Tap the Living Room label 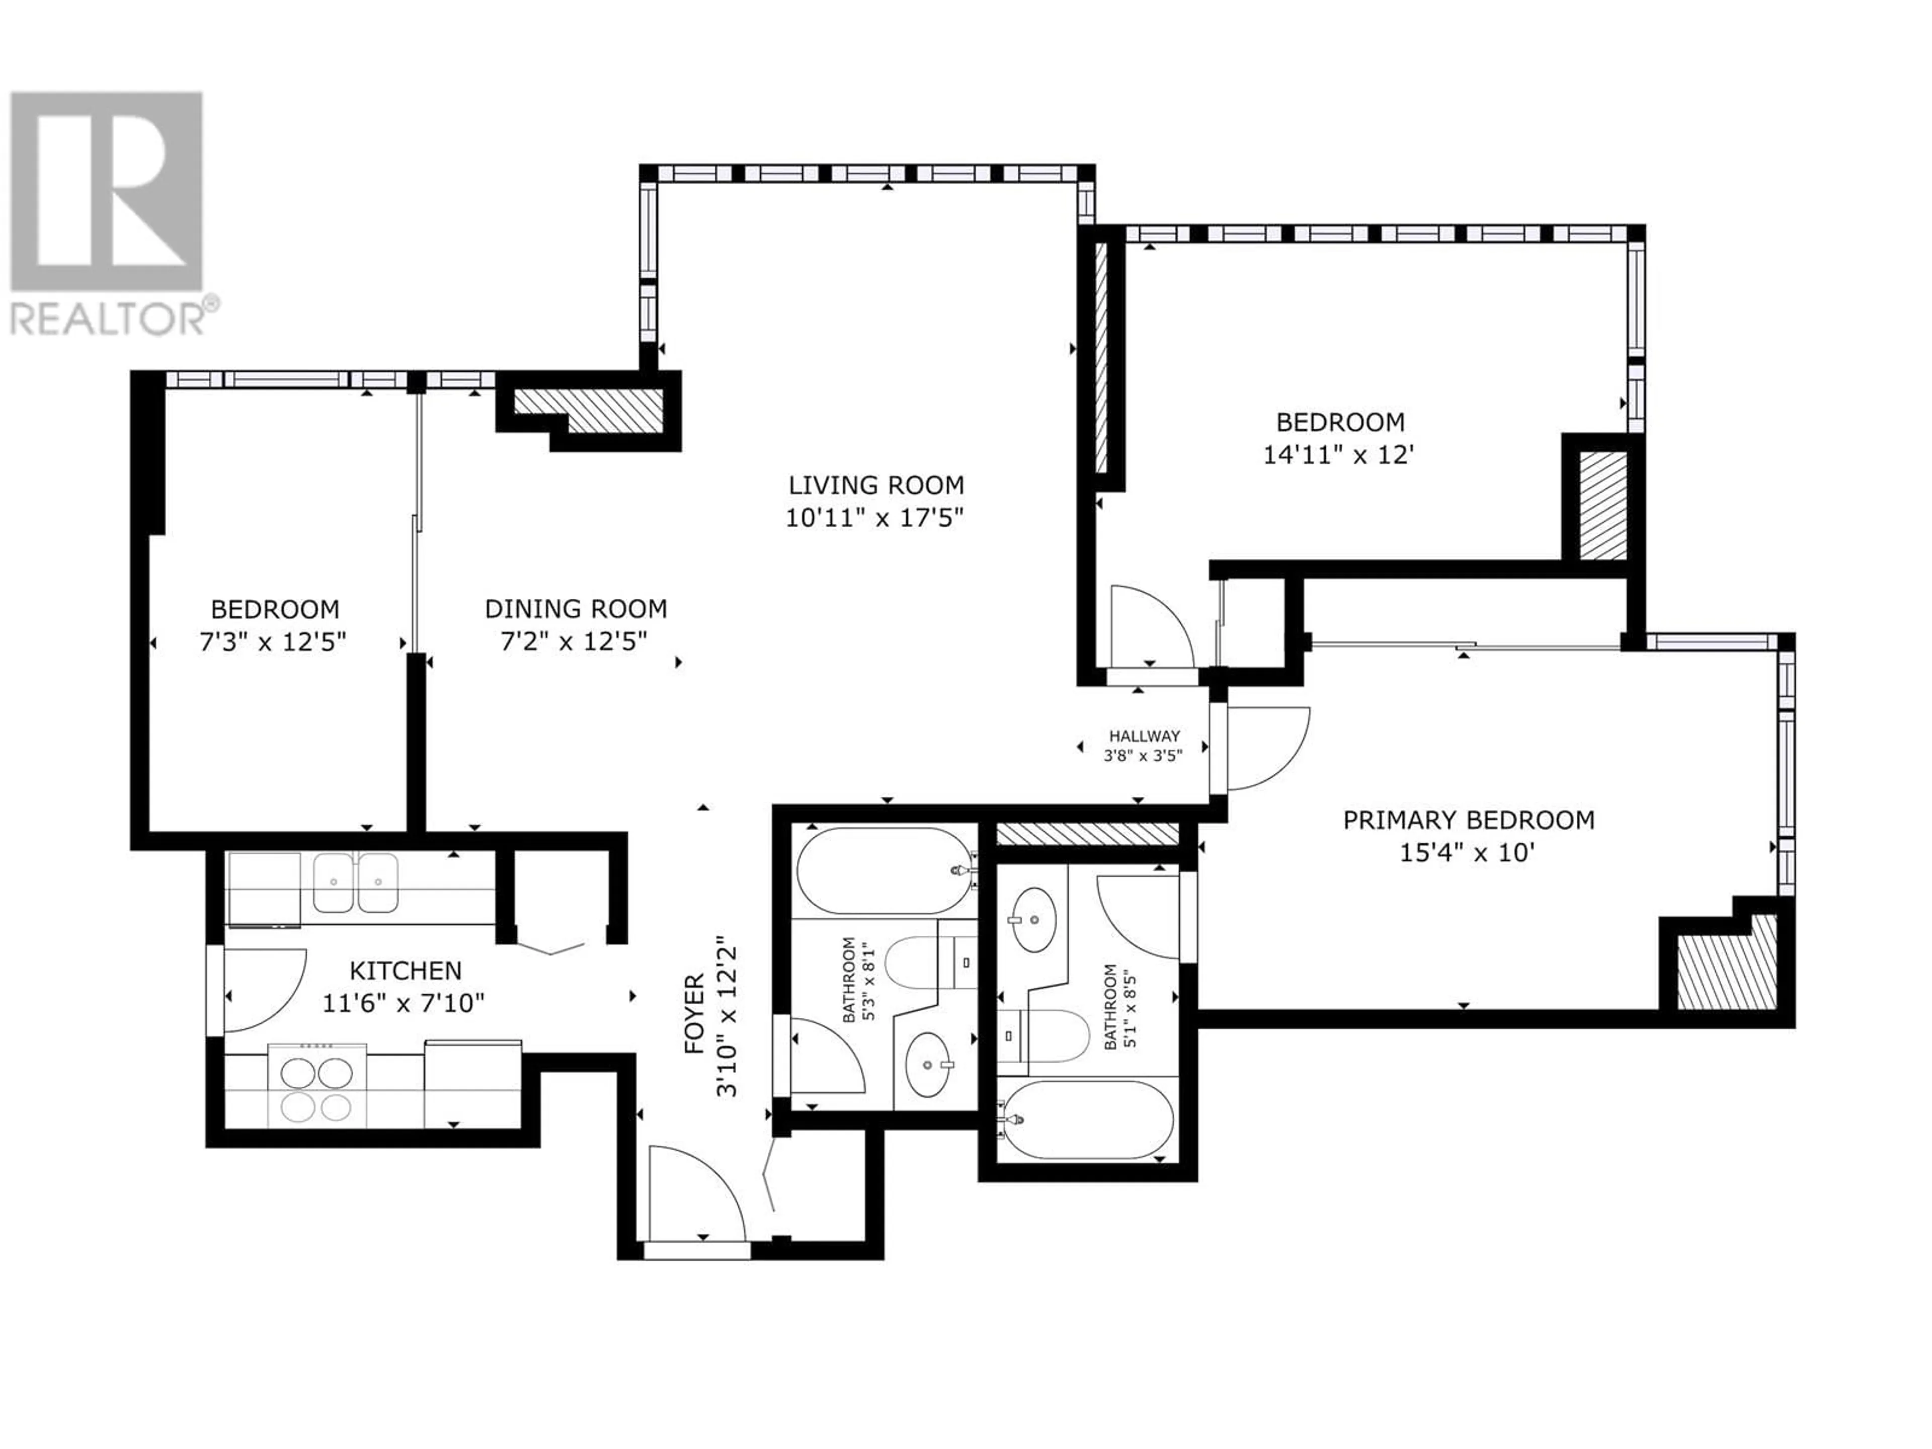(876, 485)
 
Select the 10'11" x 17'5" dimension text (874, 518)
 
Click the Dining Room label (576, 609)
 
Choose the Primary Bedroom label (1468, 820)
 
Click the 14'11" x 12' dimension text (1339, 455)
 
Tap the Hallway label (1144, 736)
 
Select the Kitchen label (405, 971)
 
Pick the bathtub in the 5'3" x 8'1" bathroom (885, 871)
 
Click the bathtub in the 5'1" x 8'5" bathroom (1087, 1120)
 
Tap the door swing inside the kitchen (265, 991)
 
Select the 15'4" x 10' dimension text (1467, 852)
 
